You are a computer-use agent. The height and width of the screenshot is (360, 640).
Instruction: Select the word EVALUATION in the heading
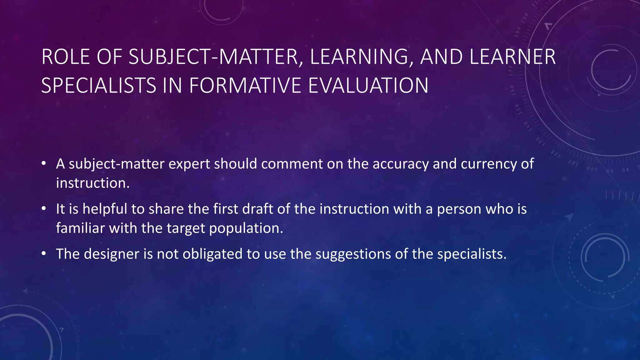pyautogui.click(x=368, y=86)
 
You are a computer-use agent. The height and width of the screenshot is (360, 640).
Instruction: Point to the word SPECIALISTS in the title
pyautogui.click(x=98, y=86)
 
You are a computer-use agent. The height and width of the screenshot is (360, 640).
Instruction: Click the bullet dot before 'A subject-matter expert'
pyautogui.click(x=44, y=163)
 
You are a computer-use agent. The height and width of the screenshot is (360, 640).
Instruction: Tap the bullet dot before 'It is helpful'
pyautogui.click(x=44, y=208)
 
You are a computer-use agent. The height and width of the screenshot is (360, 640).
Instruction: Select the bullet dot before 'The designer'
pyautogui.click(x=44, y=253)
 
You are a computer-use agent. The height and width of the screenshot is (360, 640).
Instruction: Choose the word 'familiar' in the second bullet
pyautogui.click(x=80, y=228)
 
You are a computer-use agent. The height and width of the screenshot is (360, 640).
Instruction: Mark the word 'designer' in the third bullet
pyautogui.click(x=112, y=254)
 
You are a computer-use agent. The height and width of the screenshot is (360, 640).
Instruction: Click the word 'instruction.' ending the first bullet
pyautogui.click(x=92, y=183)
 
